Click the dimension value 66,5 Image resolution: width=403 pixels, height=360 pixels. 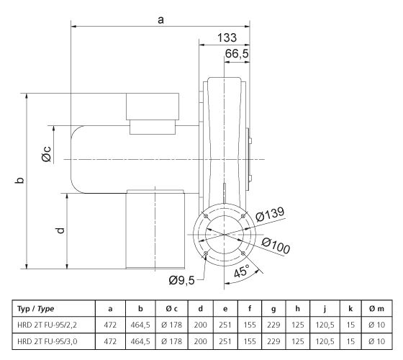coord(237,55)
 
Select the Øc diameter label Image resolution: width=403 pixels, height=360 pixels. coord(46,153)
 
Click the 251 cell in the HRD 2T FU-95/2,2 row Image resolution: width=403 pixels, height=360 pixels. coord(225,325)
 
